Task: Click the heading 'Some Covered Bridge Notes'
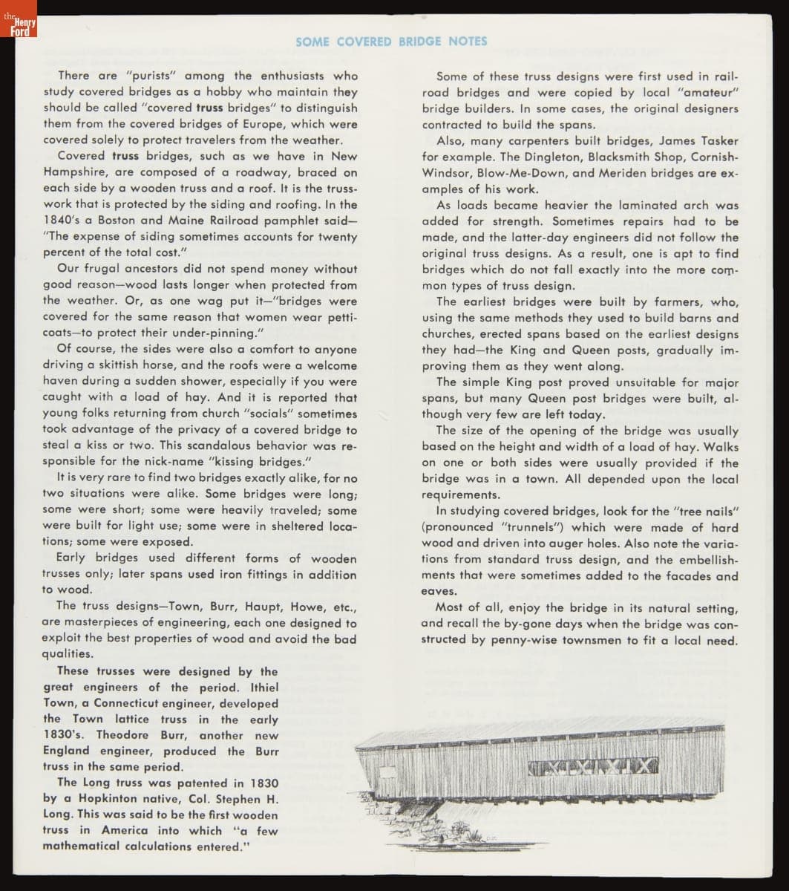(391, 42)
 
